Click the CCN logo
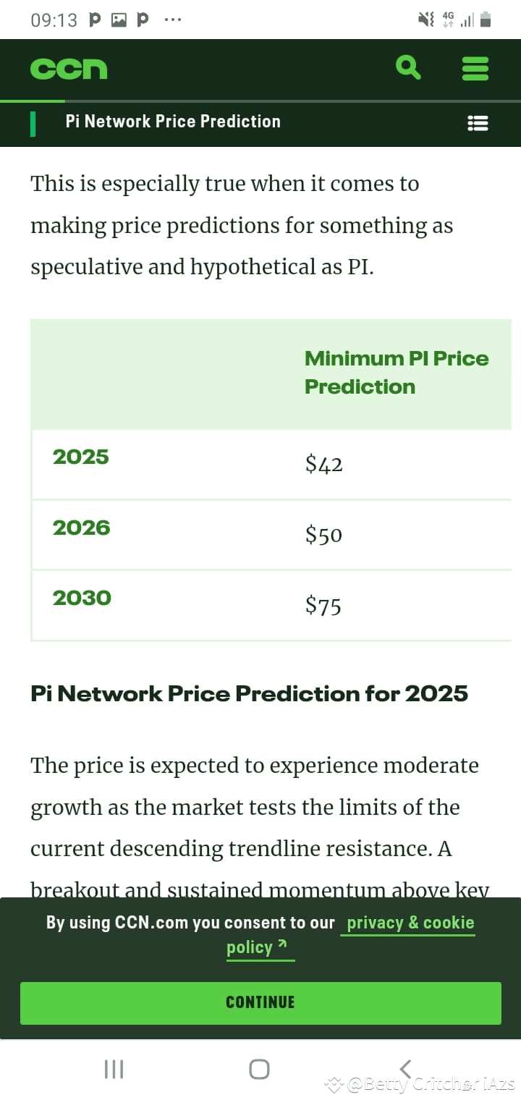point(69,69)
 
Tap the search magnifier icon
point(409,68)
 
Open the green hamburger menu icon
point(475,69)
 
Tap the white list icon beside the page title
point(478,123)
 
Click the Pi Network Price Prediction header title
point(173,122)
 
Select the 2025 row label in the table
point(80,457)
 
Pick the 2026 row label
point(81,528)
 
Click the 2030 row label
point(82,598)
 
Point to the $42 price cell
point(323,464)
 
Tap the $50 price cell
point(323,535)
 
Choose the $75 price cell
point(323,605)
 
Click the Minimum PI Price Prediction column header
point(396,372)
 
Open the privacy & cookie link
point(410,923)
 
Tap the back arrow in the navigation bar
point(405,1069)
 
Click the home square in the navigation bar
point(259,1069)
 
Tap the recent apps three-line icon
point(114,1069)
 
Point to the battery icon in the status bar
point(486,20)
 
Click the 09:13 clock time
point(54,20)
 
